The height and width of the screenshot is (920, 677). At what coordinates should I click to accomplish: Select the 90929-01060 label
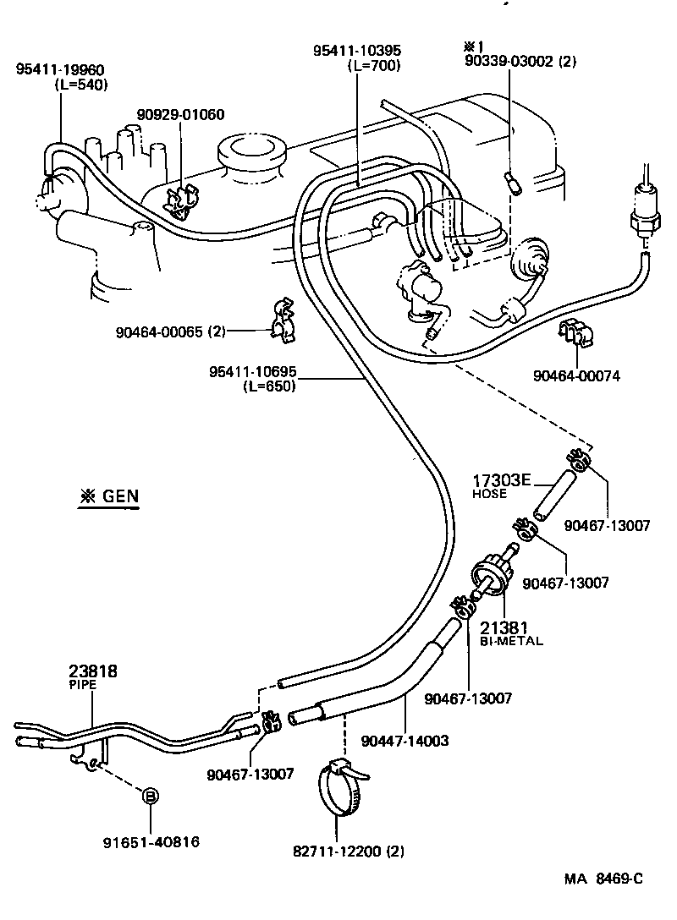pyautogui.click(x=181, y=115)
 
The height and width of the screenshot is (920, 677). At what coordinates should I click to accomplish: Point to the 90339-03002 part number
pyautogui.click(x=520, y=61)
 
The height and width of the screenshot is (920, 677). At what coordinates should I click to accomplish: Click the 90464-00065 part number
pyautogui.click(x=171, y=331)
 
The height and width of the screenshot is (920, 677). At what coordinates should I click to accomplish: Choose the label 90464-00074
pyautogui.click(x=577, y=375)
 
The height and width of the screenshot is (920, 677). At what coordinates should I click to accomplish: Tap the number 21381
pyautogui.click(x=504, y=627)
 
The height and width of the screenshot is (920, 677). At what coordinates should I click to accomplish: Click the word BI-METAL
pyautogui.click(x=511, y=641)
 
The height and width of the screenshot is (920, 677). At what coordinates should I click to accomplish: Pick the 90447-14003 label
pyautogui.click(x=405, y=741)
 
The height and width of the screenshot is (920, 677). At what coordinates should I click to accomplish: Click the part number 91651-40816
pyautogui.click(x=151, y=841)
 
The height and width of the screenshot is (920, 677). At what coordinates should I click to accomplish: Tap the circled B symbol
pyautogui.click(x=149, y=796)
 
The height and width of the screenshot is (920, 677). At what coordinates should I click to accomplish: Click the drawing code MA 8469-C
pyautogui.click(x=603, y=878)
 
